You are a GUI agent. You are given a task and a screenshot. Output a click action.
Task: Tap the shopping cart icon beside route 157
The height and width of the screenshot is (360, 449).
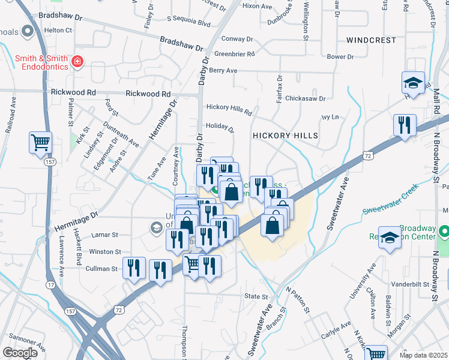pyautogui.click(x=41, y=143)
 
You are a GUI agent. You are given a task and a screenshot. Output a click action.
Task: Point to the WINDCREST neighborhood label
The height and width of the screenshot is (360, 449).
pyautogui.click(x=371, y=40)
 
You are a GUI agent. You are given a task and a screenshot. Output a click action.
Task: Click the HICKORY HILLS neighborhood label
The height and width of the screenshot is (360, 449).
pyautogui.click(x=285, y=136)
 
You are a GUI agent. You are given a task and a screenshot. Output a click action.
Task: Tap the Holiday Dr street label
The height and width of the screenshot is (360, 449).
pyautogui.click(x=219, y=127)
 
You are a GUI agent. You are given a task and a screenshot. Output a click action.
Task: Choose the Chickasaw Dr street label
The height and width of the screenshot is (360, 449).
pyautogui.click(x=305, y=98)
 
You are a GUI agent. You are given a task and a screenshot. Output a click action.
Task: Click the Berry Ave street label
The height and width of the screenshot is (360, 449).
pyautogui.click(x=223, y=71)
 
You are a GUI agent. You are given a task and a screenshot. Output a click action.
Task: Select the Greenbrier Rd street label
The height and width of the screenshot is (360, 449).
pyautogui.click(x=235, y=54)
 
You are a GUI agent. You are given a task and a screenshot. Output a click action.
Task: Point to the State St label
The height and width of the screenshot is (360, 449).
pyautogui.click(x=256, y=296)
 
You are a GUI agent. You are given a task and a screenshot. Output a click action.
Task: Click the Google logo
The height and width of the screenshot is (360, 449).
pyautogui.click(x=20, y=353)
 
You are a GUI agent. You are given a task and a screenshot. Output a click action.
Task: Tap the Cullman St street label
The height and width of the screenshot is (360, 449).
pyautogui.click(x=101, y=269)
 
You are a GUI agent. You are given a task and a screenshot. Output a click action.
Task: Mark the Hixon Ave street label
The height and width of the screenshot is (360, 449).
pyautogui.click(x=258, y=6)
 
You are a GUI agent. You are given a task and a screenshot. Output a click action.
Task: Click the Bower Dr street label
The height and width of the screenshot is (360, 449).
pyautogui.click(x=340, y=57)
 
